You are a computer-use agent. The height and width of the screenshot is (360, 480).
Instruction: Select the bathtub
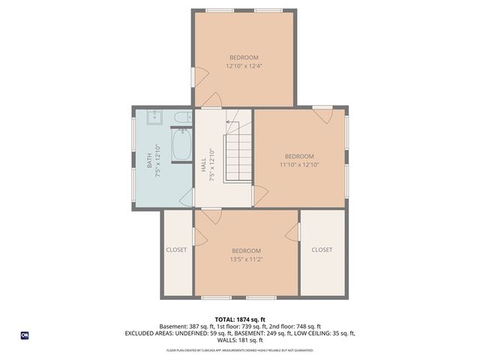pos(181,145)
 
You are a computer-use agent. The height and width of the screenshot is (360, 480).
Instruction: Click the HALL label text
pos(203,164)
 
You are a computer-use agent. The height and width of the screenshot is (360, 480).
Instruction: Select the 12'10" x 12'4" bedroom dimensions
pos(244,66)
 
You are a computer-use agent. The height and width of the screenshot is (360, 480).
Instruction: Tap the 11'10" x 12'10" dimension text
pos(299,164)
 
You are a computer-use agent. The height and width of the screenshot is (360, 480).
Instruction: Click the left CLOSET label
pos(177,250)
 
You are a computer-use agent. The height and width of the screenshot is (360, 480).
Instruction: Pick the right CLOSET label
pos(322,250)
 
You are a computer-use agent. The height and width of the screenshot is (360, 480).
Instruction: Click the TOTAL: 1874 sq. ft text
pos(240,319)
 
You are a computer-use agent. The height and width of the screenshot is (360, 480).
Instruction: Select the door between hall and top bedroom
pos(214,101)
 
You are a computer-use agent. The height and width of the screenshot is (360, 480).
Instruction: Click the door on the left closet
pos(200,236)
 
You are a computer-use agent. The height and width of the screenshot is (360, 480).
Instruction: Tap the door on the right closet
pos(295,232)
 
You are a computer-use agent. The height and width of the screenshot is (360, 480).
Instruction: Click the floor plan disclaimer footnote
pos(240,349)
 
